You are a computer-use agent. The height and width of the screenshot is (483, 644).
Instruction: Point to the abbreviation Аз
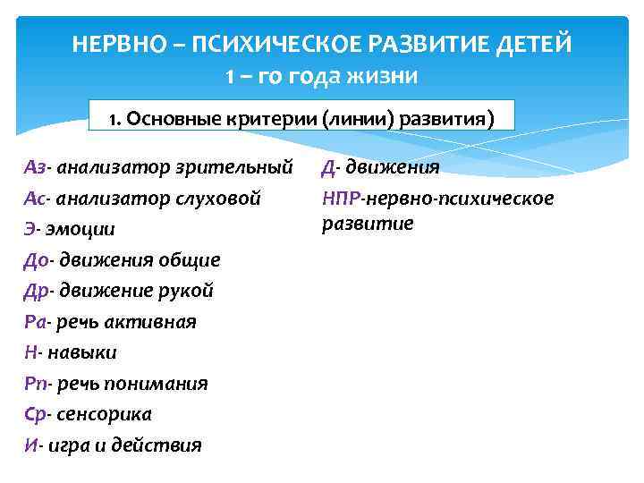tap(35, 167)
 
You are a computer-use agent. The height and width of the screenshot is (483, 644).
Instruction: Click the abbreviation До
tap(36, 259)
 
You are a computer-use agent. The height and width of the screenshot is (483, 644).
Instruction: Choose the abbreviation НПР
tap(341, 198)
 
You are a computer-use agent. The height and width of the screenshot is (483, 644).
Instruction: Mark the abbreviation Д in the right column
tap(328, 167)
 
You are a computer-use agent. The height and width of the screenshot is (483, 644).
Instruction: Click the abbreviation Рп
tap(35, 384)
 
